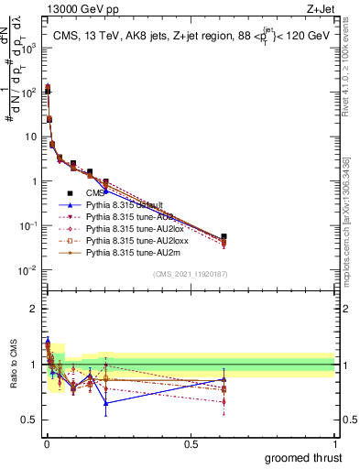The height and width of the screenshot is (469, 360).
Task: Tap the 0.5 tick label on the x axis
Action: point(190,444)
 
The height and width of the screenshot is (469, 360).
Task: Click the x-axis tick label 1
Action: point(334,444)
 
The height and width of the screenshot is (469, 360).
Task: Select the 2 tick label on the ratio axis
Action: point(34,309)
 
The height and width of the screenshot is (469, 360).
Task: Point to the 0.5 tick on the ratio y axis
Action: point(30,420)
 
